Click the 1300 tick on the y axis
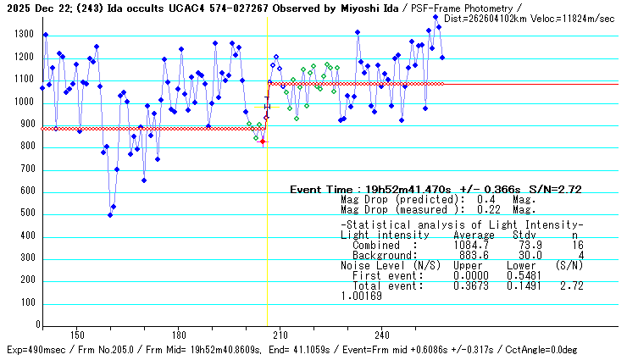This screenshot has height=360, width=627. coord(24,35)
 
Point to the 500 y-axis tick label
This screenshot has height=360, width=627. coord(27,214)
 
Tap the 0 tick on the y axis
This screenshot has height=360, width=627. coord(36,325)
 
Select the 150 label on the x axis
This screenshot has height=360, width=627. coord(77,334)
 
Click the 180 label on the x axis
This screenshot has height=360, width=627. coord(179,334)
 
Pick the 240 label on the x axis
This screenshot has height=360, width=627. coord(382,334)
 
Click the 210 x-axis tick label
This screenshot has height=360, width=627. coord(280,334)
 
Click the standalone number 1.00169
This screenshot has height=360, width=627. coord(361,296)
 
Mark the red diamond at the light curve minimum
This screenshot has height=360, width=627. coord(263,141)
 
